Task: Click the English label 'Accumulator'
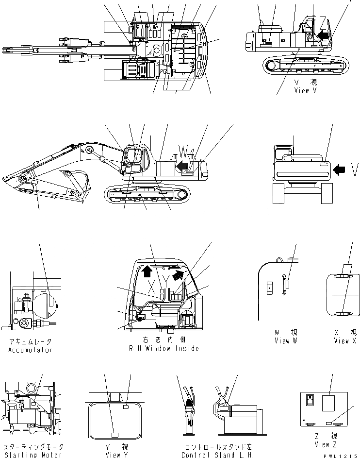click(30, 350)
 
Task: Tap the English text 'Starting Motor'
click(33, 455)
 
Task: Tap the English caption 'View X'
click(344, 340)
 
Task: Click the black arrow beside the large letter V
click(340, 169)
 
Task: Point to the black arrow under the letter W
click(183, 166)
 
